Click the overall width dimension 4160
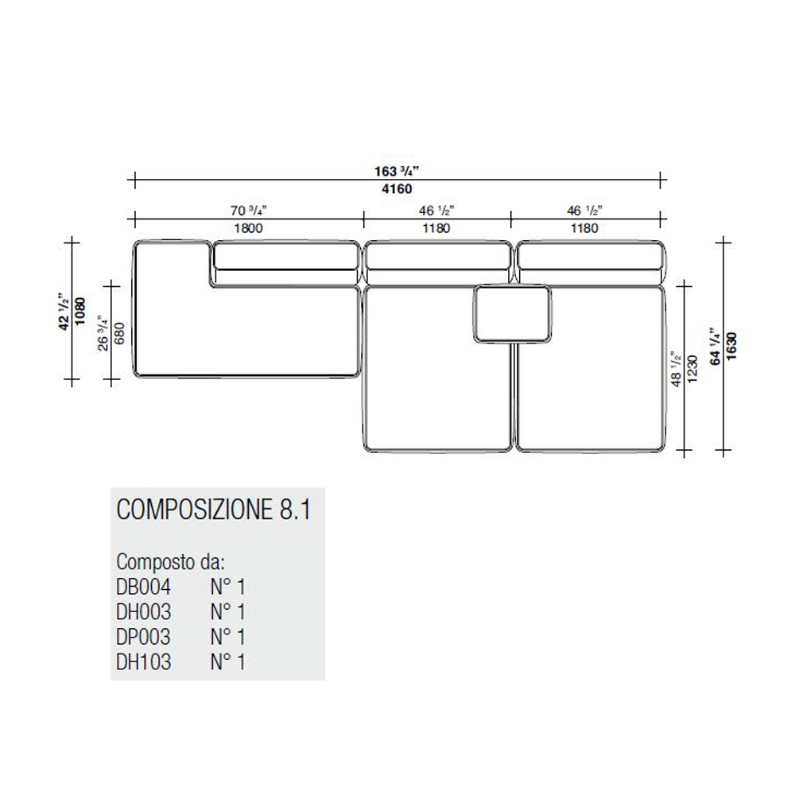click(397, 189)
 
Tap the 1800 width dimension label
click(248, 228)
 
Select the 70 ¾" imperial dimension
click(248, 210)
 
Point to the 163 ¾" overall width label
click(397, 171)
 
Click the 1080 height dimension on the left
click(80, 312)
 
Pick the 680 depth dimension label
click(119, 333)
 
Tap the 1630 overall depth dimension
click(731, 347)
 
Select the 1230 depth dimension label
click(692, 369)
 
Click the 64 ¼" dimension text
click(715, 347)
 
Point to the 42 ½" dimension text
click(64, 312)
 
